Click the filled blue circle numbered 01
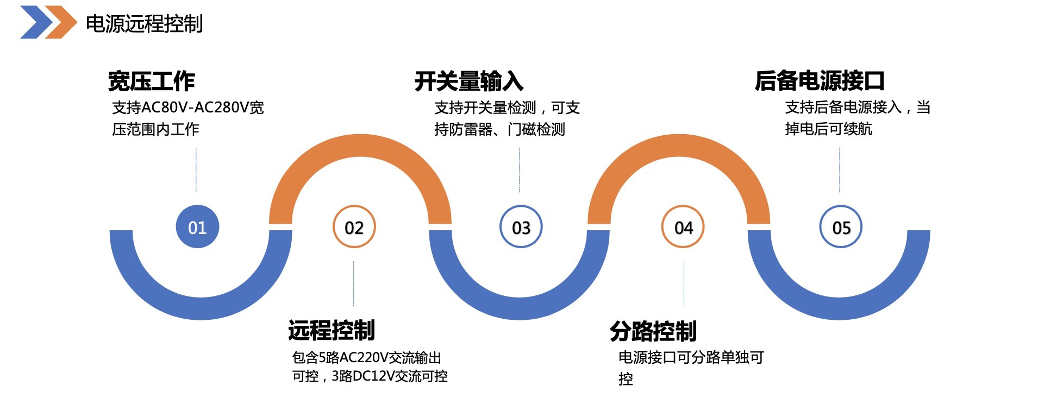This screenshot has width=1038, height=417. [x=197, y=227]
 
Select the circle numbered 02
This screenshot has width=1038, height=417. [x=354, y=227]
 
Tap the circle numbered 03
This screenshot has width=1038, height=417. [x=521, y=227]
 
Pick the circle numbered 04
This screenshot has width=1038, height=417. [x=683, y=227]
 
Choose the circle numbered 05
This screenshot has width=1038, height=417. [x=841, y=227]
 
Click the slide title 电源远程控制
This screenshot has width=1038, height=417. [x=144, y=24]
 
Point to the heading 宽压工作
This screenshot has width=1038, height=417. [x=152, y=81]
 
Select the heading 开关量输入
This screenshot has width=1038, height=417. [x=469, y=81]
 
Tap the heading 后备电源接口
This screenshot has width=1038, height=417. [x=820, y=81]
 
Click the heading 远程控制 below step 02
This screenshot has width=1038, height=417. [x=332, y=330]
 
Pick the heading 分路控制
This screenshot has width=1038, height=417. [x=653, y=331]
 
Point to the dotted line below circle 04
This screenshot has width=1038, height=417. [x=684, y=283]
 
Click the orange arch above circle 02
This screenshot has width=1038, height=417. [x=360, y=146]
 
